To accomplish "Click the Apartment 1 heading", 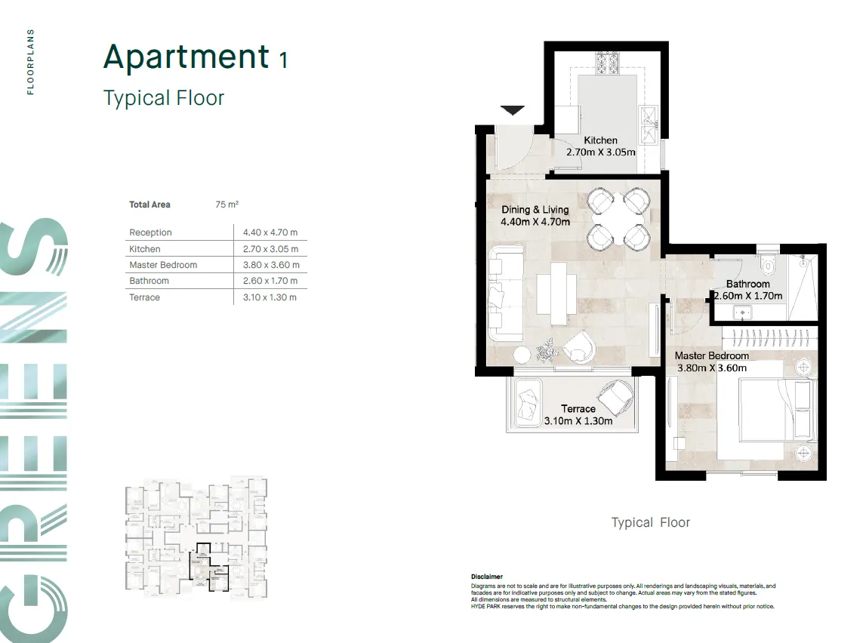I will (x=195, y=58).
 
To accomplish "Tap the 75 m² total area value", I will (x=227, y=205).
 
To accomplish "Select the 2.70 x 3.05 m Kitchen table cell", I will (x=270, y=249).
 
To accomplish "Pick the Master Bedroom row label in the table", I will (x=163, y=265).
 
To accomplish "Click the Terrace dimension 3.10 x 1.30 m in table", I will (x=270, y=297).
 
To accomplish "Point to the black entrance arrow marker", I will (x=513, y=111).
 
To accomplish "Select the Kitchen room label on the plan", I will (x=600, y=140).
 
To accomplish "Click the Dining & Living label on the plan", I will (x=535, y=210).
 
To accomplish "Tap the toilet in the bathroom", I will (x=768, y=264).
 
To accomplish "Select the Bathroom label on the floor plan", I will (x=747, y=285).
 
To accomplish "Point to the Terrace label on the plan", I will (x=578, y=409).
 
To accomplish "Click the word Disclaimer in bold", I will (x=487, y=577).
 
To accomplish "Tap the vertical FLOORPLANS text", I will (x=31, y=63).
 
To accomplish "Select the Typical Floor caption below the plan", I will (x=650, y=522).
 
